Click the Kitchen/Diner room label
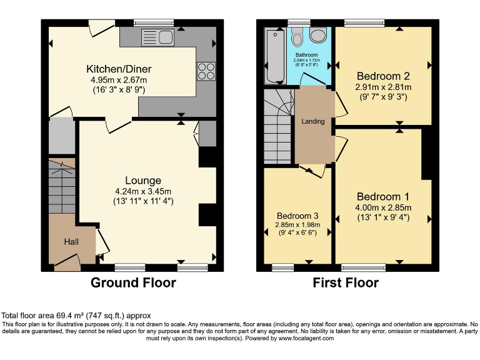119,69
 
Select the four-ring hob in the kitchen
206,71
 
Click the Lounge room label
142,181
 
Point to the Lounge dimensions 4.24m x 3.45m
142,191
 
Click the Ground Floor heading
133,283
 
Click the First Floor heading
346,283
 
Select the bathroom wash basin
317,36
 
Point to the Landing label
313,121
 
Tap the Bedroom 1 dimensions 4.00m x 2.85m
384,207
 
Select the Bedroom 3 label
298,216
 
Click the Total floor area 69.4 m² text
76,316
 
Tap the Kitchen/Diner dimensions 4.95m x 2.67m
119,80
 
